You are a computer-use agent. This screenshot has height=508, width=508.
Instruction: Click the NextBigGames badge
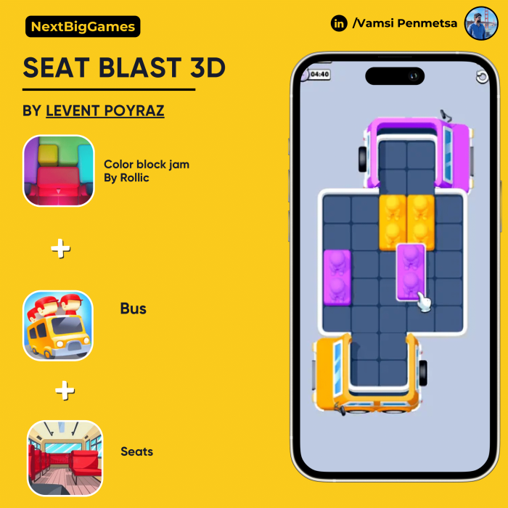point(83,27)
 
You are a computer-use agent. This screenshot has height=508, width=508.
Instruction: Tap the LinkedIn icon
point(339,23)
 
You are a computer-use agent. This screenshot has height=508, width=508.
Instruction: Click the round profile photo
point(481,23)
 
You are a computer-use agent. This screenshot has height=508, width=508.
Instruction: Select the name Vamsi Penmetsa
point(405,23)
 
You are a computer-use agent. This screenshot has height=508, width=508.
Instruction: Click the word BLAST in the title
point(140,67)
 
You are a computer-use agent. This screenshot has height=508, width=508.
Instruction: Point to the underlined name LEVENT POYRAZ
point(105,111)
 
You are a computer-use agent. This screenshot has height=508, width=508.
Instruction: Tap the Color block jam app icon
point(59,171)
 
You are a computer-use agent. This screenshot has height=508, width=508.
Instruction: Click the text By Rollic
point(126,178)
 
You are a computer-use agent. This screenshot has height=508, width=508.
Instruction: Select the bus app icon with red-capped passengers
point(58,325)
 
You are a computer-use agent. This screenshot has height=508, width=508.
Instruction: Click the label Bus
point(133,308)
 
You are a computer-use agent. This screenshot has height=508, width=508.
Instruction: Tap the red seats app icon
point(65,458)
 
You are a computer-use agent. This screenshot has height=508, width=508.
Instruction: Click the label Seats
point(136,451)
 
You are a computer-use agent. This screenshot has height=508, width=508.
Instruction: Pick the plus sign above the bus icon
point(60,248)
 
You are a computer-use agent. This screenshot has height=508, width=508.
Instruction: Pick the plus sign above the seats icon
point(65,390)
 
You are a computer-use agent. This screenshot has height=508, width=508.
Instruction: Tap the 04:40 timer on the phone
point(319,75)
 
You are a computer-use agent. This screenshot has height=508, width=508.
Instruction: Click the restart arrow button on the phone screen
point(482,77)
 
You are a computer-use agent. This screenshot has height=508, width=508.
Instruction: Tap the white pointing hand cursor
point(424,302)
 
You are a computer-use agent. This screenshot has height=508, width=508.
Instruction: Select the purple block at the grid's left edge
point(337,277)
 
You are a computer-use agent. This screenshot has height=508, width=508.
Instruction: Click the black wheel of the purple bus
point(363,159)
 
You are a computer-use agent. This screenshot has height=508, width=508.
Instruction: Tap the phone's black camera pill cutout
point(395,76)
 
